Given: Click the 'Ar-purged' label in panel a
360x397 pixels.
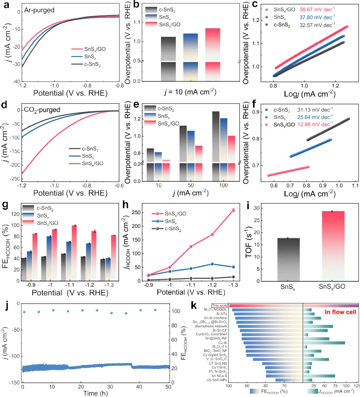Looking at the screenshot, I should point(39,10).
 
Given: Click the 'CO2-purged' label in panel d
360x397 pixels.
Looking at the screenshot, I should point(42,110).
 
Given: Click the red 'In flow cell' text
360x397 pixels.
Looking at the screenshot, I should point(341,312).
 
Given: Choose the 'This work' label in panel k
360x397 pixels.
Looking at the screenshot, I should point(219,305).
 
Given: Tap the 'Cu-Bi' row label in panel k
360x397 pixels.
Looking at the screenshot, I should point(223,343).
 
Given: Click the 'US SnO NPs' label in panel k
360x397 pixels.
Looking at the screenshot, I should point(217,380).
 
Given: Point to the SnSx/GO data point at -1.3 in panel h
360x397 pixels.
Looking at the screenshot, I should point(233,210).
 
